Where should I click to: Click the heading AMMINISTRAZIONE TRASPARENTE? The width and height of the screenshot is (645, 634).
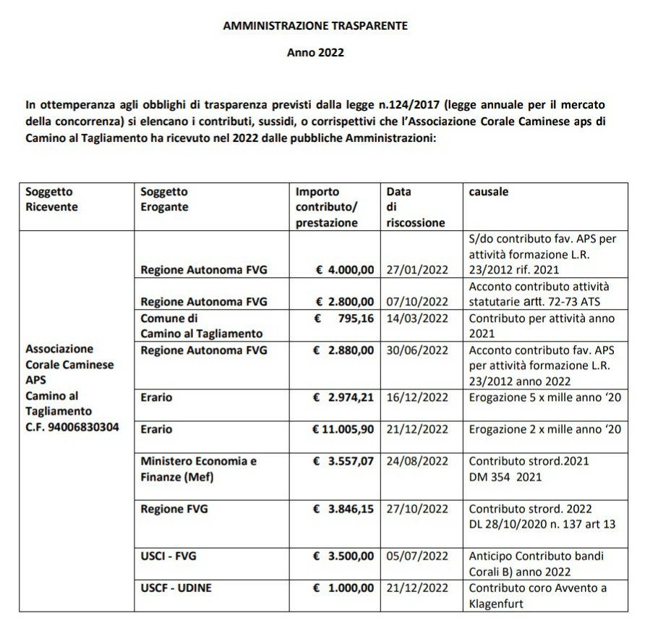(315, 25)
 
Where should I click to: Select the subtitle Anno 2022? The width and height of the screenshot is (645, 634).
(315, 52)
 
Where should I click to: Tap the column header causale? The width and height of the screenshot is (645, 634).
(488, 192)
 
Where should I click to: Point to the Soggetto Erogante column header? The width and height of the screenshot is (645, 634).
(164, 199)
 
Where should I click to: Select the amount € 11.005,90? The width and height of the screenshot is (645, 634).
(343, 429)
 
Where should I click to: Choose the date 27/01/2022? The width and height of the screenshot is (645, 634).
(417, 270)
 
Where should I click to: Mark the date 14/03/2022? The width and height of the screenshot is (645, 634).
(417, 318)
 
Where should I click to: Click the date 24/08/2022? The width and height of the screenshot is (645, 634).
(417, 461)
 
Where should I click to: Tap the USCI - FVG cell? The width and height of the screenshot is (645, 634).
(168, 556)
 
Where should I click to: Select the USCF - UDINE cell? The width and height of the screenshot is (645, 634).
(176, 588)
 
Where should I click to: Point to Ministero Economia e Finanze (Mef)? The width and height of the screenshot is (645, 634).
(198, 469)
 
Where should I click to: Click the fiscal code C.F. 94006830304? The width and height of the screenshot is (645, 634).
(72, 427)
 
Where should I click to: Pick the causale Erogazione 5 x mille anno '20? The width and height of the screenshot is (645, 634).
(544, 397)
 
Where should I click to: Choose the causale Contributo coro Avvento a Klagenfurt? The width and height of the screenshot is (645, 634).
(538, 595)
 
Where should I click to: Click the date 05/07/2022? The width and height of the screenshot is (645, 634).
(417, 556)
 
